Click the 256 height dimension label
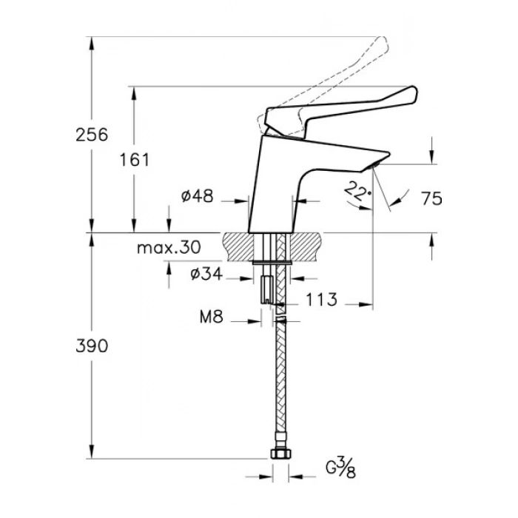[x=92, y=135]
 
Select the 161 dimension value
[x=134, y=160]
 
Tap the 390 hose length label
[x=92, y=346]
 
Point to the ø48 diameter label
[x=198, y=196]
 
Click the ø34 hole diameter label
[x=206, y=274]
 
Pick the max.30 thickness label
[x=169, y=247]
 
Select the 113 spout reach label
[x=321, y=300]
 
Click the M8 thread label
[x=212, y=317]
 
